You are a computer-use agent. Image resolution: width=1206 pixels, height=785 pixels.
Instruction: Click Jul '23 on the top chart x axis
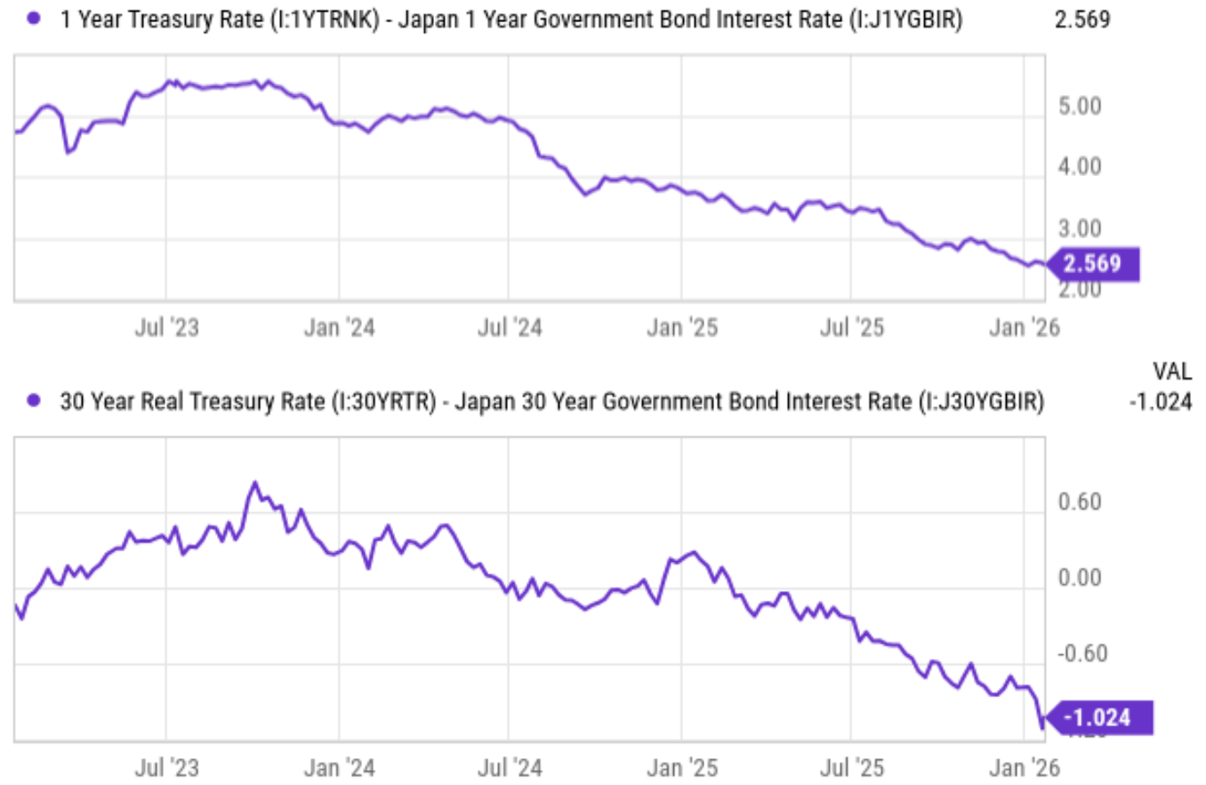click(166, 327)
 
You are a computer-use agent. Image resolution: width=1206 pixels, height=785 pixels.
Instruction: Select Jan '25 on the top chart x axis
click(681, 327)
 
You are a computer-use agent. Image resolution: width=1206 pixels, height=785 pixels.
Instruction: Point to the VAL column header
click(1172, 371)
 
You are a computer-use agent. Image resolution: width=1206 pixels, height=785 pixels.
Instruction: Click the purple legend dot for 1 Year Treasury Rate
click(34, 18)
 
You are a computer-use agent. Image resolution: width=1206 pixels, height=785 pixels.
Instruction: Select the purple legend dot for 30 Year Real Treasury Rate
click(34, 402)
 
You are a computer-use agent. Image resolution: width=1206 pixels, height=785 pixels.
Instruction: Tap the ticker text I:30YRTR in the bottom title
click(385, 403)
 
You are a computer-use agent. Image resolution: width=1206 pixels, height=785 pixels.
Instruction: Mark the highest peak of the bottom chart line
click(254, 484)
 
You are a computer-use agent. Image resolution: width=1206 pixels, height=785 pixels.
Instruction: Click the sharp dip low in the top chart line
click(68, 152)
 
